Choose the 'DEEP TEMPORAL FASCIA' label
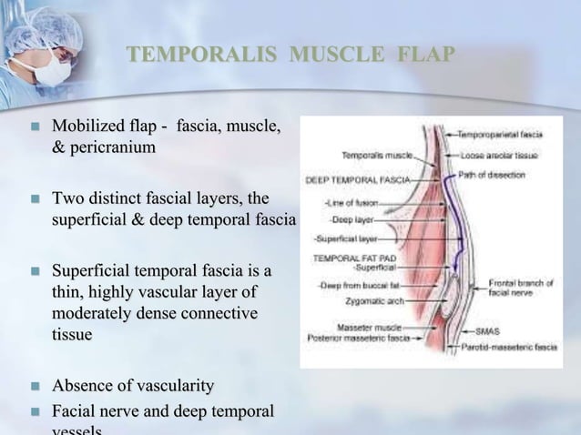click(357, 179)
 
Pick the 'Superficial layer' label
click(346, 239)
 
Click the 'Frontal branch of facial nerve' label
click(520, 289)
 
